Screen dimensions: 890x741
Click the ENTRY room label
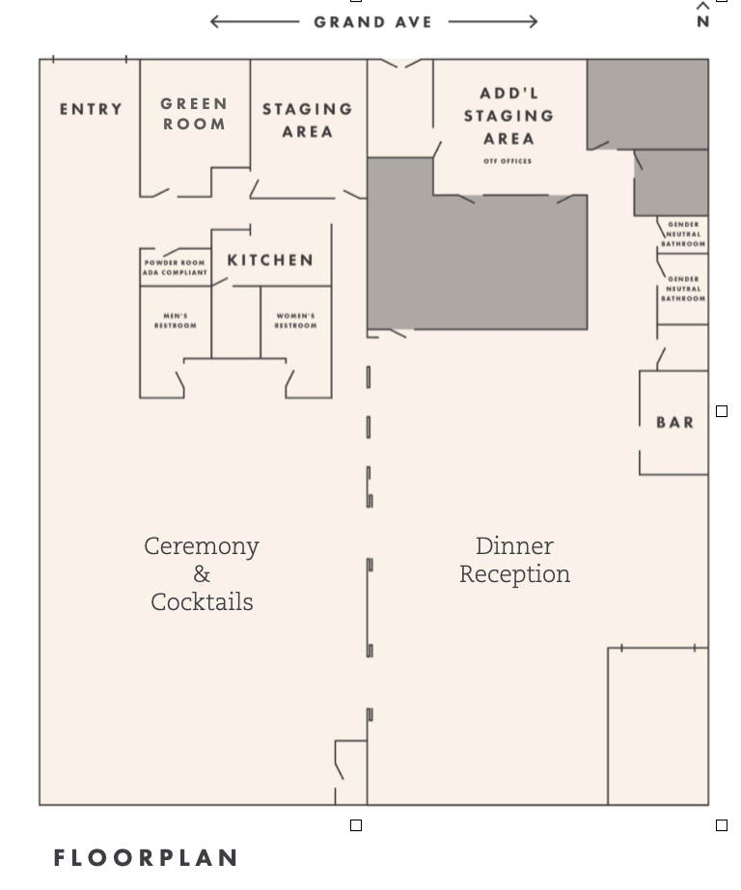(92, 109)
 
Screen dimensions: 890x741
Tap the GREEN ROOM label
(194, 114)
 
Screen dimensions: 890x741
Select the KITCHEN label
(271, 260)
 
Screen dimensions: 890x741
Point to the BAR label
(675, 422)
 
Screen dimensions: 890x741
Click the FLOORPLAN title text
(146, 857)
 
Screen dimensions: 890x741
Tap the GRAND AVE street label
(373, 21)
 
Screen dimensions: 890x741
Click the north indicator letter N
(702, 21)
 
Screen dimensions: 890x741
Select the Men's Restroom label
(176, 320)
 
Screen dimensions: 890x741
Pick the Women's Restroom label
(295, 320)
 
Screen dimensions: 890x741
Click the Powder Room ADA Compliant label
(176, 267)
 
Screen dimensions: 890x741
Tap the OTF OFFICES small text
(508, 161)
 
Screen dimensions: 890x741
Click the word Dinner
(514, 546)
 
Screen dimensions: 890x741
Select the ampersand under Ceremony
(202, 574)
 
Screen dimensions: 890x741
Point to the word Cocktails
(202, 602)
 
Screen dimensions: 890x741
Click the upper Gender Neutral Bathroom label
(683, 235)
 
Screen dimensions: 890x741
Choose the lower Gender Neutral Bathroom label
(683, 289)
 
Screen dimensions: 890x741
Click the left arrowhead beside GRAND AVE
(214, 21)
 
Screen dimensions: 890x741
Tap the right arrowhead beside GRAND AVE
(534, 21)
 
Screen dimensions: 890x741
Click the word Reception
(514, 574)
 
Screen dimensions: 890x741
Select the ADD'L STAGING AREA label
(508, 116)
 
